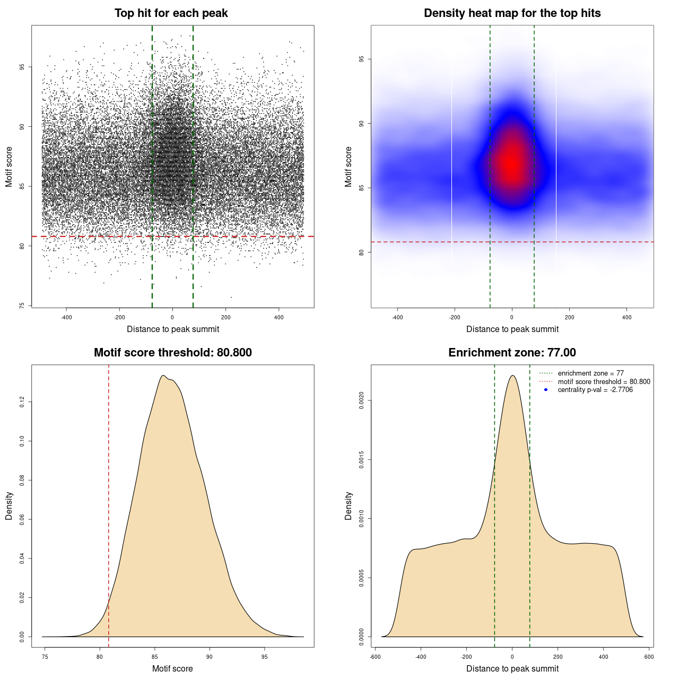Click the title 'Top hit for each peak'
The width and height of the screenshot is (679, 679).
pyautogui.click(x=171, y=13)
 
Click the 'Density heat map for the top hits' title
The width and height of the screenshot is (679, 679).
pyautogui.click(x=512, y=13)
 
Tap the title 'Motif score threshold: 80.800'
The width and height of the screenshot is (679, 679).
pyautogui.click(x=172, y=353)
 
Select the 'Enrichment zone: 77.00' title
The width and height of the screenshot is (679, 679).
pyautogui.click(x=512, y=353)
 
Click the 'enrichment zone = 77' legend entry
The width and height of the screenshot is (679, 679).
pyautogui.click(x=590, y=373)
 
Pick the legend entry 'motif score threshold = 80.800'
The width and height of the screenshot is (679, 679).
pyautogui.click(x=604, y=382)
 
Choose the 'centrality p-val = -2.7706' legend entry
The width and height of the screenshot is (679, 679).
pyautogui.click(x=595, y=390)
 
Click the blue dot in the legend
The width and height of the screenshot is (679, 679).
pyautogui.click(x=546, y=390)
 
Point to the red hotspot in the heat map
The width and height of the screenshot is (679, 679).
pyautogui.click(x=511, y=162)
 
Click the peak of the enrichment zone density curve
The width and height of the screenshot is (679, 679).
pyautogui.click(x=512, y=376)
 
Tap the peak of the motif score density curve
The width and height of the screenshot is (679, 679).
pyautogui.click(x=162, y=376)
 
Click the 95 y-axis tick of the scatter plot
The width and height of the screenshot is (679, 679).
pyautogui.click(x=22, y=67)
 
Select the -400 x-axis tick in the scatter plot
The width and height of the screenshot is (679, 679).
pyautogui.click(x=66, y=317)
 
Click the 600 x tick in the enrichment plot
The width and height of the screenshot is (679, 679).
pyautogui.click(x=649, y=657)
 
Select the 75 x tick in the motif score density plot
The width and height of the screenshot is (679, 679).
pyautogui.click(x=45, y=657)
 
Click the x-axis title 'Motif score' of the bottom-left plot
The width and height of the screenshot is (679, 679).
pyautogui.click(x=172, y=668)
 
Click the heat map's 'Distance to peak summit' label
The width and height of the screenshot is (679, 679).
pyautogui.click(x=512, y=329)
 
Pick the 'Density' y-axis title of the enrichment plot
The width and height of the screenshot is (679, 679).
pyautogui.click(x=349, y=506)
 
